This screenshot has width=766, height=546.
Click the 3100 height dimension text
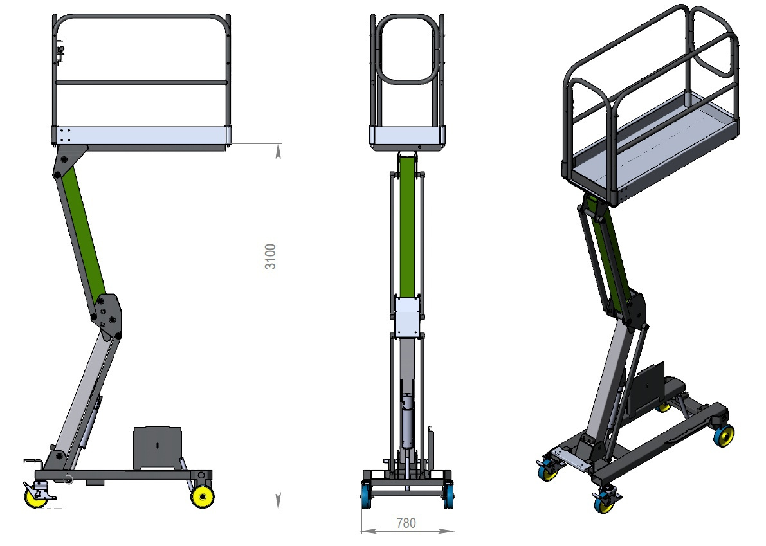(270, 257)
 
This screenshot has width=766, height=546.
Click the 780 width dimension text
(406, 523)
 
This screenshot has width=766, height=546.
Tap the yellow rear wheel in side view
(203, 496)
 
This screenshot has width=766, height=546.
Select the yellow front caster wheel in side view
(35, 497)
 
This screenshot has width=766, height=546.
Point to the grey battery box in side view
(158, 448)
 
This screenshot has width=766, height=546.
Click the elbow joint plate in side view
(107, 316)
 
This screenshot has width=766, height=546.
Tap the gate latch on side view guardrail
(60, 54)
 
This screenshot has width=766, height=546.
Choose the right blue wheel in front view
(449, 494)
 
